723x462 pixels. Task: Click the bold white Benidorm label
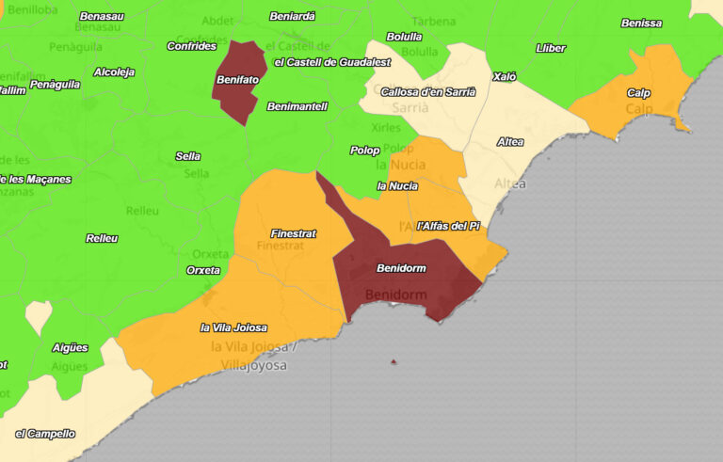pos(401,268)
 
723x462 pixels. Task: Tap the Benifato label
pos(237,80)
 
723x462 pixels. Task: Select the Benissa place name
pos(641,24)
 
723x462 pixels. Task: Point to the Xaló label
pos(505,76)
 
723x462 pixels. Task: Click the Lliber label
pos(551,48)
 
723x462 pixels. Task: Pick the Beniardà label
pos(292,16)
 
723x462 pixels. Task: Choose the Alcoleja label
pos(114,72)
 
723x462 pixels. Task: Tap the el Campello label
pos(45,434)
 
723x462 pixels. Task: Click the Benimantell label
pos(297,106)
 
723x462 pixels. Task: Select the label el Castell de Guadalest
pos(331,62)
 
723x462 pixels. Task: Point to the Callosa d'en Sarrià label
pos(428,92)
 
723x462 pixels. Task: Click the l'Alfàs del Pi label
pos(448,226)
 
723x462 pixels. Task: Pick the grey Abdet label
pos(217,22)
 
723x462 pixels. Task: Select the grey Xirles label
pos(386,128)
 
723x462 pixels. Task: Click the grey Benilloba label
pos(32,9)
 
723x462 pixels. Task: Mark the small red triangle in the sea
pos(394,361)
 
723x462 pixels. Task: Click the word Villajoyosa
pos(253,365)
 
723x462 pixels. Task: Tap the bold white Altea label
pos(510,142)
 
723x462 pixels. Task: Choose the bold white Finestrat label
pos(293,233)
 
